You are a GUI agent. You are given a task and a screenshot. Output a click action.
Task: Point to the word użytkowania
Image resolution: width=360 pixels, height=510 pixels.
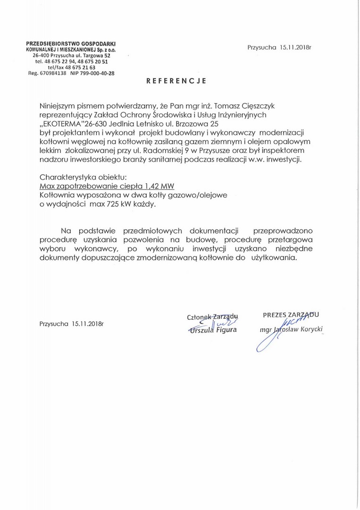[x=274, y=258]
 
